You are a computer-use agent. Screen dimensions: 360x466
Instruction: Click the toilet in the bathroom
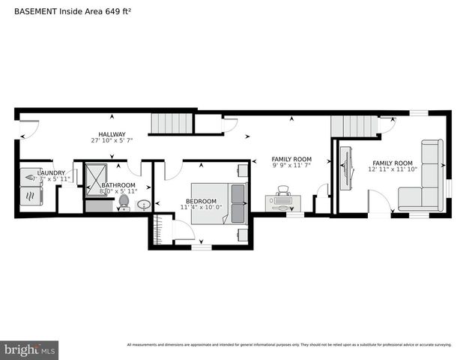pos(124,202)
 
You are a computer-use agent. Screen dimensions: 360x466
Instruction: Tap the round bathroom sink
pos(144,205)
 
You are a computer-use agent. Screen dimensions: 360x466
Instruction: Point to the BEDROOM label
pos(201,201)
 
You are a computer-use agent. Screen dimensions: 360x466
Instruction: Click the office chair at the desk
pos(282,193)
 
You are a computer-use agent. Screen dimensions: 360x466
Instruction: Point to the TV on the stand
pos(347,170)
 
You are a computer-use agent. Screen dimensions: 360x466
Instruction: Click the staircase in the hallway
pos(172,122)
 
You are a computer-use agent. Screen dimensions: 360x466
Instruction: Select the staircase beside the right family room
pos(354,126)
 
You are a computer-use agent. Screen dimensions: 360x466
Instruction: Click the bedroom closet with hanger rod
pos(158,229)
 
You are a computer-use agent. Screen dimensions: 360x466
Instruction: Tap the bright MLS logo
pos(30,349)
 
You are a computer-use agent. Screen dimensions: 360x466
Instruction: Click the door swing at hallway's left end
pos(28,131)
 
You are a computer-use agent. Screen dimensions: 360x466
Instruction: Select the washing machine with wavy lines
pos(31,195)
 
